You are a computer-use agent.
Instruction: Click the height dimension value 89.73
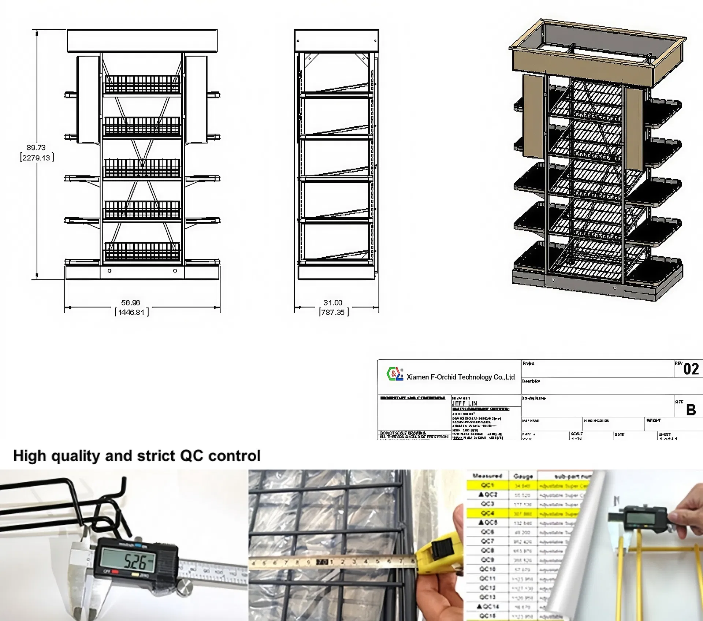coord(36,148)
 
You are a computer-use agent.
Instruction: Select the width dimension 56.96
coord(130,303)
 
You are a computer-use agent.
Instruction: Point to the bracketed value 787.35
coord(333,312)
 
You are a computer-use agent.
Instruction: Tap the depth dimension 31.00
coord(333,303)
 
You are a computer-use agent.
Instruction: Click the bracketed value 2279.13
coord(36,158)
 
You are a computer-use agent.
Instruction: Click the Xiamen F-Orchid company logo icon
coord(395,374)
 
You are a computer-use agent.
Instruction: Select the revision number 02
coord(691,369)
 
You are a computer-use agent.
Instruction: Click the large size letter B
coord(691,410)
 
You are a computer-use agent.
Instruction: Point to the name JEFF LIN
coord(464,403)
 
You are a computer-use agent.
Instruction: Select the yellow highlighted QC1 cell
coord(487,485)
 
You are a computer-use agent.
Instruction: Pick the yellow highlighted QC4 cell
coord(487,513)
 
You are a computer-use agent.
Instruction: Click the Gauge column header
coord(523,476)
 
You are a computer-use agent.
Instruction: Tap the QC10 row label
coord(487,569)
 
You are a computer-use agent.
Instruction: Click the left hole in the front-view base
coord(109,271)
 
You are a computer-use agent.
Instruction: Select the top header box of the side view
coord(336,41)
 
